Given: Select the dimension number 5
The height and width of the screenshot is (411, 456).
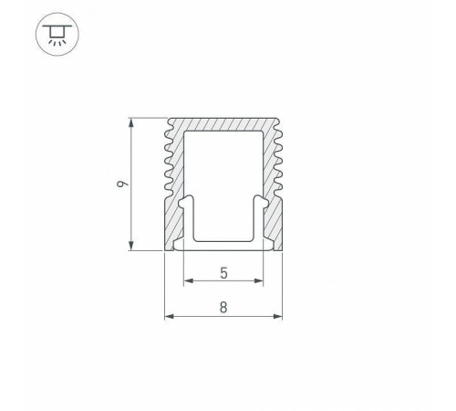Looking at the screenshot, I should (223, 270).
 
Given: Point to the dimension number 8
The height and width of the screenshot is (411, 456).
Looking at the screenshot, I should (223, 308).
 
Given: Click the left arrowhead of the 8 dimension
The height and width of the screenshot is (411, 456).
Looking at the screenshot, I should (168, 318).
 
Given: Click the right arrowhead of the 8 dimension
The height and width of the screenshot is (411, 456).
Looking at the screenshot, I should (278, 318).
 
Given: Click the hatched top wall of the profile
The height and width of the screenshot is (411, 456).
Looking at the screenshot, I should (223, 124).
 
